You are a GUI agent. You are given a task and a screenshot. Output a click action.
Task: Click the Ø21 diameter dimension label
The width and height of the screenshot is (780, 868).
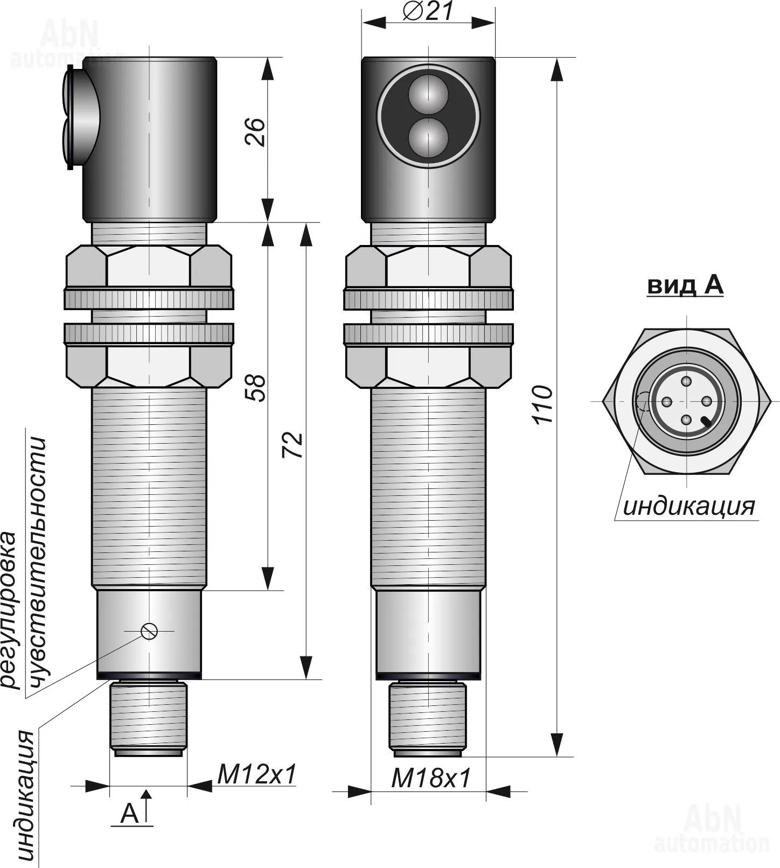pyautogui.click(x=429, y=11)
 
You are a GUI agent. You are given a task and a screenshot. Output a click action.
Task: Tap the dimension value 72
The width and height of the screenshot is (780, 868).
pyautogui.click(x=294, y=445)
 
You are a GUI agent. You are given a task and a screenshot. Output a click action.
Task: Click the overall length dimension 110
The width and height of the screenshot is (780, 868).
pyautogui.click(x=542, y=404)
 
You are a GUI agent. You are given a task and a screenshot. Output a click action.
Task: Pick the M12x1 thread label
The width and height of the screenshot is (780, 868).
pyautogui.click(x=257, y=775)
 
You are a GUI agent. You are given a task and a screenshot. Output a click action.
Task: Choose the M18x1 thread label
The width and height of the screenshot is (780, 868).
pyautogui.click(x=431, y=778)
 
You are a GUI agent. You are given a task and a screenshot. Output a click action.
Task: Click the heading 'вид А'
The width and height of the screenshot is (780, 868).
pyautogui.click(x=685, y=285)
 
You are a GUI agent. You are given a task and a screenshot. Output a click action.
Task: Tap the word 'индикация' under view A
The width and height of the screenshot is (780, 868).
pyautogui.click(x=689, y=507)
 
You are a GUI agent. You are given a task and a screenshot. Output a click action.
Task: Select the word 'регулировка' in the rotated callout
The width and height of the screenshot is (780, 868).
pyautogui.click(x=10, y=610)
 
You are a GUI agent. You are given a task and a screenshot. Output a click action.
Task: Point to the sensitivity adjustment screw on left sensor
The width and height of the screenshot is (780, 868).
pyautogui.click(x=149, y=631)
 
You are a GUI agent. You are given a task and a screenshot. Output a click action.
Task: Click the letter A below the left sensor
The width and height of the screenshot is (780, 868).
pyautogui.click(x=129, y=814)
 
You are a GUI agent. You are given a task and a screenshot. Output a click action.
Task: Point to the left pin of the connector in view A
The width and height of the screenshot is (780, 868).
pyautogui.click(x=666, y=402)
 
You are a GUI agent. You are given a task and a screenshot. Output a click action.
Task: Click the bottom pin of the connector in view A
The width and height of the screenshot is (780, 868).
pyautogui.click(x=686, y=421)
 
